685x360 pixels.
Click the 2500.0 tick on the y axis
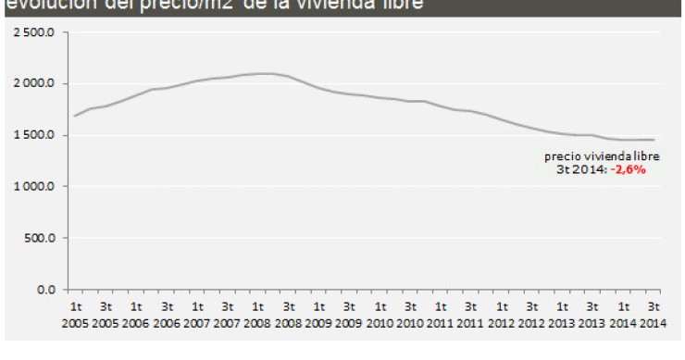click(36, 32)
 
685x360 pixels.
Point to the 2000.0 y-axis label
click(36, 84)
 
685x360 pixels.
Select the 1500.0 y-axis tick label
click(36, 135)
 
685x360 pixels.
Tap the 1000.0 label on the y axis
click(36, 187)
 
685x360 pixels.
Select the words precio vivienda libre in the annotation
click(602, 156)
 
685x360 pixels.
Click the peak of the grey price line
click(263, 73)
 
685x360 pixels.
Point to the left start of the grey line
click(75, 116)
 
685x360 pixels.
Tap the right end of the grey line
click(654, 140)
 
